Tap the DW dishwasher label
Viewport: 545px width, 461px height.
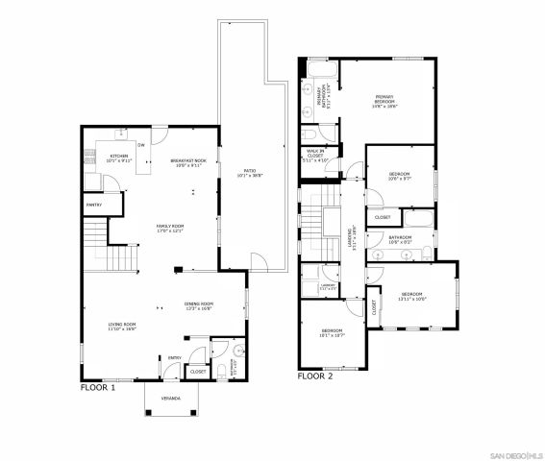pyautogui.click(x=142, y=145)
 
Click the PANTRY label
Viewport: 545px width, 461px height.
pyautogui.click(x=94, y=204)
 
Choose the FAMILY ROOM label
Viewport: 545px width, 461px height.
pyautogui.click(x=170, y=225)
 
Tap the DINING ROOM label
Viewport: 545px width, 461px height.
pyautogui.click(x=199, y=303)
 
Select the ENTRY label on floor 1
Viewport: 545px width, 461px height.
pyautogui.click(x=174, y=358)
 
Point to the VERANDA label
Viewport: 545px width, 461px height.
pyautogui.click(x=156, y=411)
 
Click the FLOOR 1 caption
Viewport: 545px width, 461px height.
pyautogui.click(x=97, y=388)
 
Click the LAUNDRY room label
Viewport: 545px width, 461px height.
pyautogui.click(x=328, y=285)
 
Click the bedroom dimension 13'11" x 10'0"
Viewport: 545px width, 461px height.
pyautogui.click(x=411, y=298)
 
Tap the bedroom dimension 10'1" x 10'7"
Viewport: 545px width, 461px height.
pyautogui.click(x=333, y=335)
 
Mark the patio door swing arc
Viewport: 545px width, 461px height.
pyautogui.click(x=259, y=259)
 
